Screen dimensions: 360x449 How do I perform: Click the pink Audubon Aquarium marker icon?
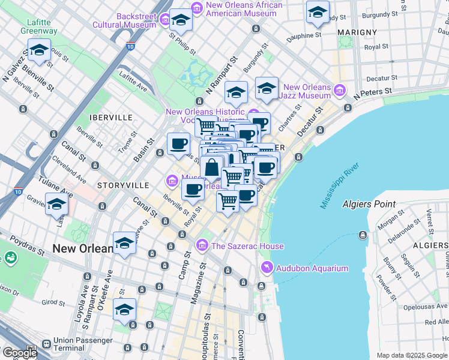(x=266, y=268)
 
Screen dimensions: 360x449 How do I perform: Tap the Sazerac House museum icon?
(x=202, y=245)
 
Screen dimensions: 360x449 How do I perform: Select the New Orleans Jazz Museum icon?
(x=340, y=90)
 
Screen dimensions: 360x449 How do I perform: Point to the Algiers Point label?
(x=369, y=204)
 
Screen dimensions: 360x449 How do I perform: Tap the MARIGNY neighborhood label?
(x=357, y=32)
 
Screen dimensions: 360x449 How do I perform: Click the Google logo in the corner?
(x=20, y=353)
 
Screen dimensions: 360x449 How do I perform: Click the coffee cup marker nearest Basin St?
(x=178, y=144)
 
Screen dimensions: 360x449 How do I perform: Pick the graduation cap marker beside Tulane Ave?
(x=56, y=205)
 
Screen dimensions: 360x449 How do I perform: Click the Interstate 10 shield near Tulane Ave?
(x=17, y=192)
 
